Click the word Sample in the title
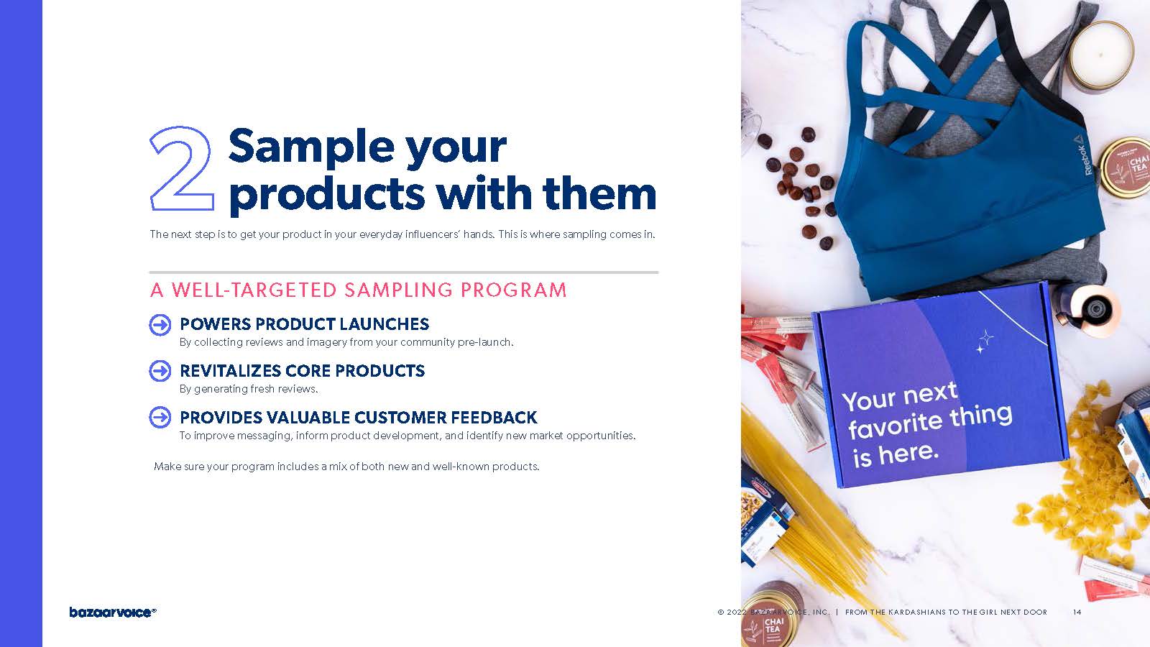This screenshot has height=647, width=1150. [x=310, y=147]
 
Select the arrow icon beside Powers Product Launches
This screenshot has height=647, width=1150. [x=160, y=325]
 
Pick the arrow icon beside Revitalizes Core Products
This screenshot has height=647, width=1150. [x=160, y=371]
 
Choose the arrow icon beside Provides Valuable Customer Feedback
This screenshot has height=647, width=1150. [x=160, y=418]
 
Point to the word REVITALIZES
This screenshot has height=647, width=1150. [x=229, y=371]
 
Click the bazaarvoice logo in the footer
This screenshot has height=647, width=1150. [x=112, y=612]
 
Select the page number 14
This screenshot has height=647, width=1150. [x=1077, y=612]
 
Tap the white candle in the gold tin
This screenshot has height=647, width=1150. [x=1100, y=55]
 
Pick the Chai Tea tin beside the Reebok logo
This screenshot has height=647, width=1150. [x=1126, y=167]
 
